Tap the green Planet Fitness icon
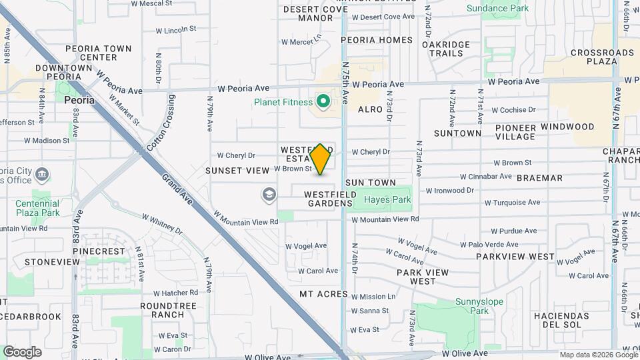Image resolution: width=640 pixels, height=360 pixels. point(323,102)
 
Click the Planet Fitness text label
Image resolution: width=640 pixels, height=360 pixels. point(283,103)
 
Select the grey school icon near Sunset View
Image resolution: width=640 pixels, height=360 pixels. point(269,195)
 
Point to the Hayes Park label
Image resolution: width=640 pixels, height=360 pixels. point(387,199)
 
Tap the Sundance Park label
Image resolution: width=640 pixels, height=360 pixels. point(497,9)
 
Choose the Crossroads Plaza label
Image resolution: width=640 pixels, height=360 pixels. point(593,57)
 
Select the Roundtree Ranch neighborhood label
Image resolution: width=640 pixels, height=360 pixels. point(159,310)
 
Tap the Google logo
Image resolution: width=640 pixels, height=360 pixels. point(22,351)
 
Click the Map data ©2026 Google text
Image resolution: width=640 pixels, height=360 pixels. point(599,355)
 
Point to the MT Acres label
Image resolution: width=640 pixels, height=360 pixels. point(323,294)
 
